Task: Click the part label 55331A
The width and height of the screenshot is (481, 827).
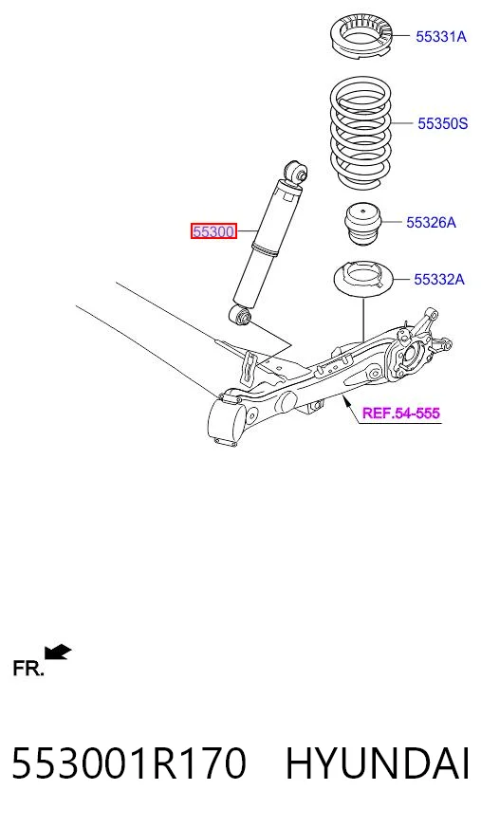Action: coord(441,36)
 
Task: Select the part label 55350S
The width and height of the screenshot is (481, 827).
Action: coord(442,123)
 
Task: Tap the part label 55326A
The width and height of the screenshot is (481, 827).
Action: coord(431,223)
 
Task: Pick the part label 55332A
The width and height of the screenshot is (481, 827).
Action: coord(439,279)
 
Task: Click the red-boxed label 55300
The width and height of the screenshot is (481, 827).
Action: coord(213,231)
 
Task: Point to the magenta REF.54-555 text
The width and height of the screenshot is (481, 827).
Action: coord(400,413)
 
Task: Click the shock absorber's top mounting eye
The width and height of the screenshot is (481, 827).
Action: coord(295,172)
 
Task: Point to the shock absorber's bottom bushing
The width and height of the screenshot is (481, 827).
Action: coord(243,316)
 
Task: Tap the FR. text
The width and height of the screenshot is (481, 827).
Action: coord(28,669)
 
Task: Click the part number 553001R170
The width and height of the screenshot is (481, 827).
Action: coord(129,763)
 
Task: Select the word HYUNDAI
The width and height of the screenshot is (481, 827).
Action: coord(377,763)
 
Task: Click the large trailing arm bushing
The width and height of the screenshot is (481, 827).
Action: coord(228,420)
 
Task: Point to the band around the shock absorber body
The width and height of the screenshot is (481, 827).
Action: coord(266,248)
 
